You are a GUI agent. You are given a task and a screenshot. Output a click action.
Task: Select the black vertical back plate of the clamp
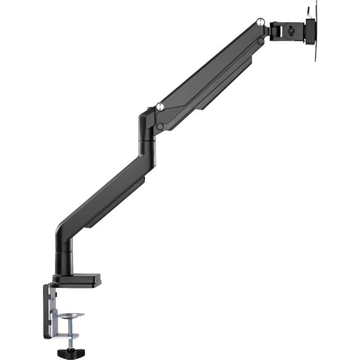coord(47,311)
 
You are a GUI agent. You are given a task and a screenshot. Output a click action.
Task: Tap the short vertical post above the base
coord(63,258)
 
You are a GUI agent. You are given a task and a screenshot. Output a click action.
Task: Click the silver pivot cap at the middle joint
coord(160,106)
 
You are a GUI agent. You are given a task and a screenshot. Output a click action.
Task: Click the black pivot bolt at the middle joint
coord(160,126)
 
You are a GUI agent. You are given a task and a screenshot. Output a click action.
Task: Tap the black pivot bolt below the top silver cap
coord(261,41)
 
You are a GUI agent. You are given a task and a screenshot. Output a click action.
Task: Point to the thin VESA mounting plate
coord(315,31)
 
